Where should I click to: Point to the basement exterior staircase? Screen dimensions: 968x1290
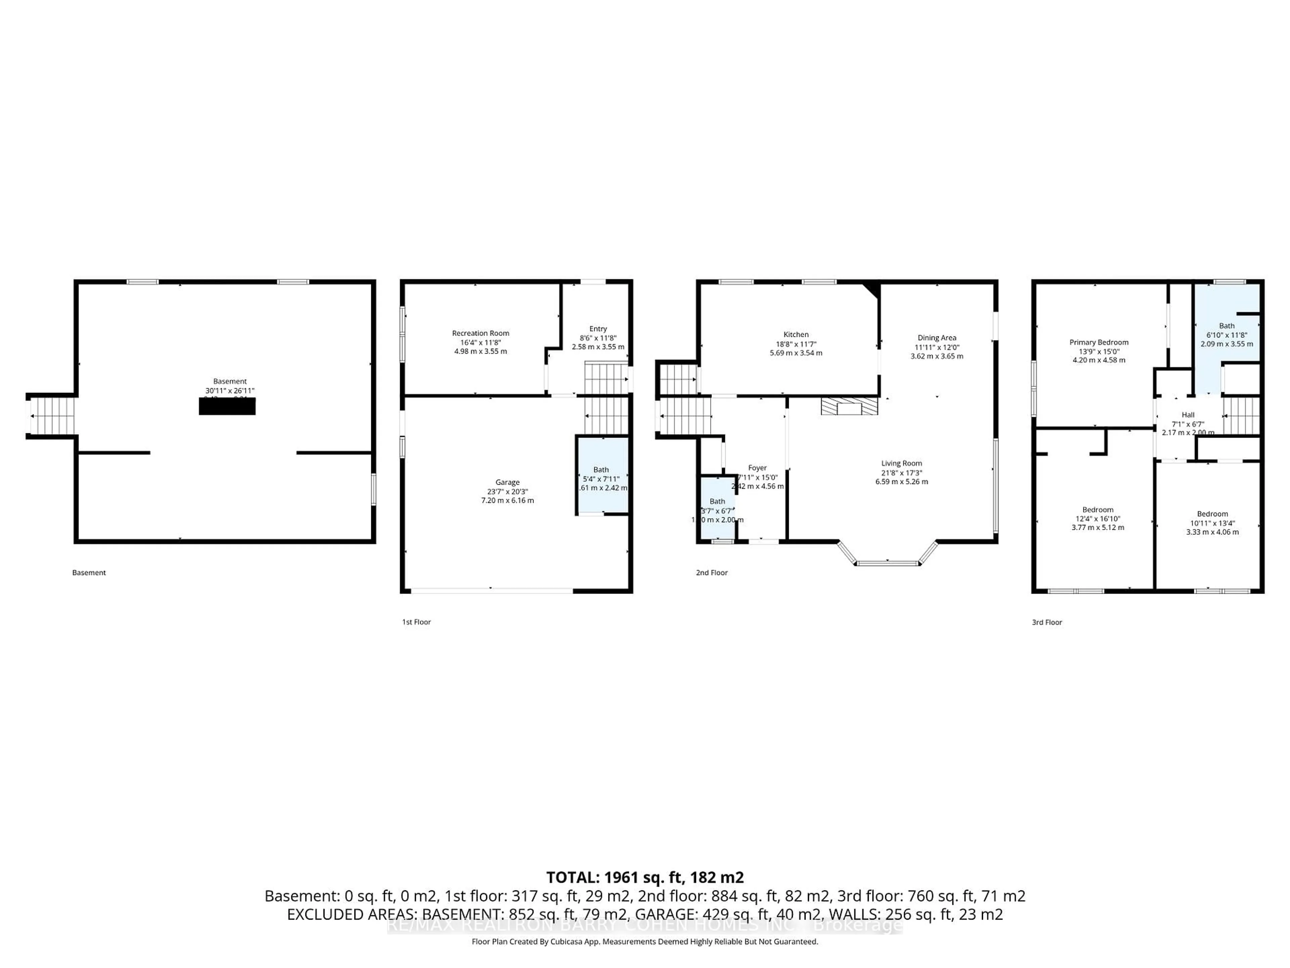(52, 416)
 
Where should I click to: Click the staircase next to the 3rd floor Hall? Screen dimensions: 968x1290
(1241, 415)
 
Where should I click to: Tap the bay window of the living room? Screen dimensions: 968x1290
(887, 562)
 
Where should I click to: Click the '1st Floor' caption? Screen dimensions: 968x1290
(416, 622)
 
